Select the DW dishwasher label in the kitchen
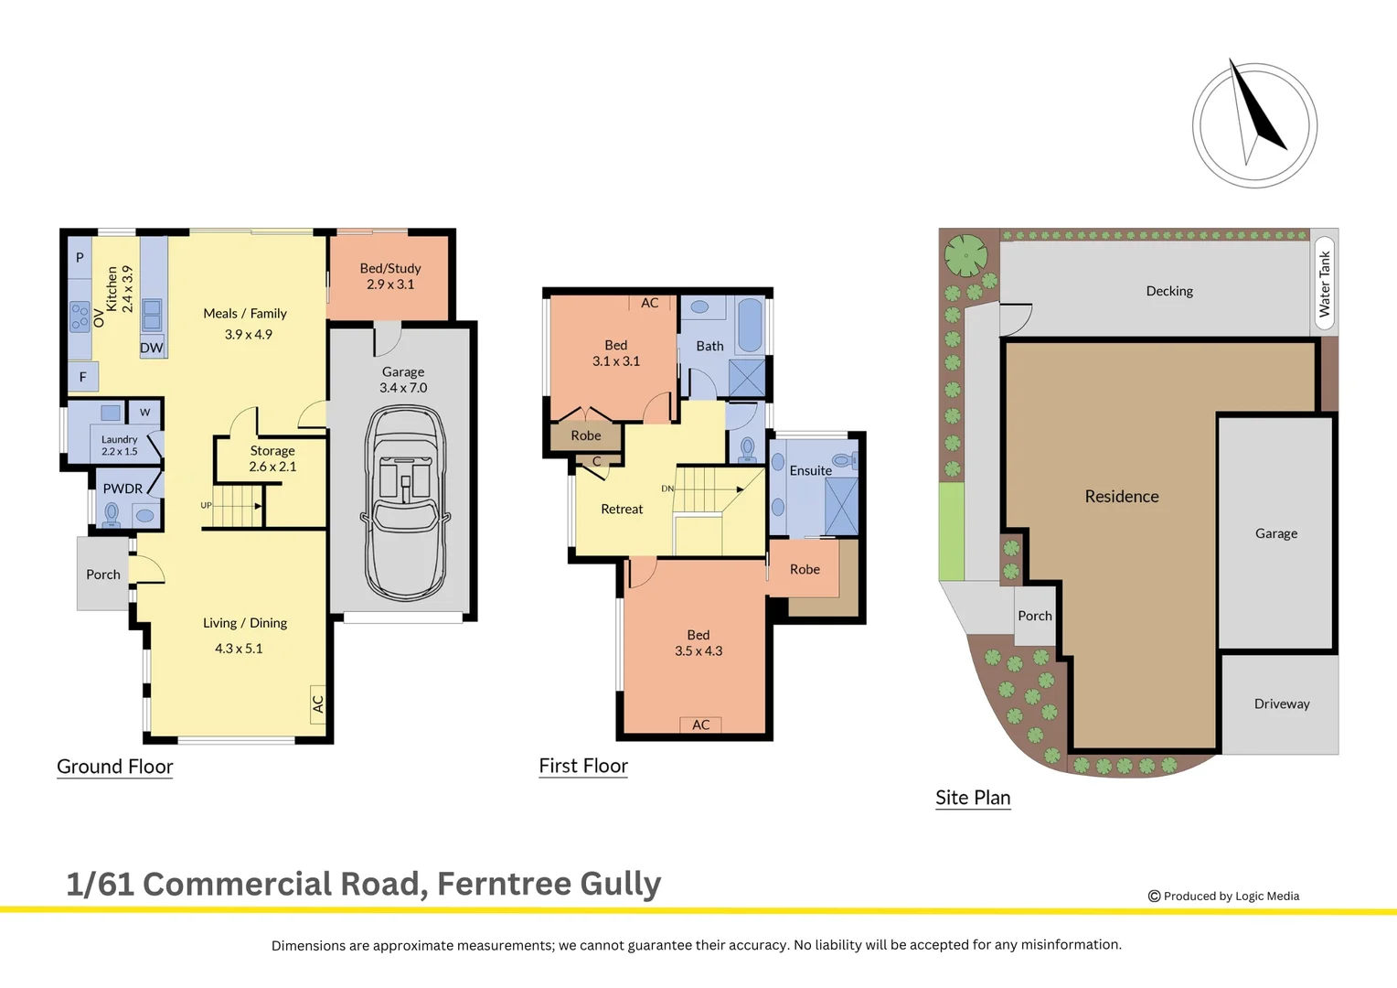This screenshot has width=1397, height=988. [152, 349]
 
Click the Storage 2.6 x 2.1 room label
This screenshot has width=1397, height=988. [272, 458]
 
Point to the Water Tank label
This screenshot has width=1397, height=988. [1325, 284]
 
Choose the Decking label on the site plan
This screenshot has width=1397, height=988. [1169, 291]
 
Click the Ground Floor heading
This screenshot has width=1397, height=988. [115, 767]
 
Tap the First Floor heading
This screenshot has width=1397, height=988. [583, 766]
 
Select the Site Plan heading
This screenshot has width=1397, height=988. [973, 798]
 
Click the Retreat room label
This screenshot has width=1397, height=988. [622, 510]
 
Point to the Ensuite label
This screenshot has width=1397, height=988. [811, 470]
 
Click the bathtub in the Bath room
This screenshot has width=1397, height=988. [750, 325]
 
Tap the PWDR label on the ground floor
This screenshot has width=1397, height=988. [123, 489]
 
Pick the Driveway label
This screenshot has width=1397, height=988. [1282, 704]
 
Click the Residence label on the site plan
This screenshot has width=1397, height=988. [1122, 496]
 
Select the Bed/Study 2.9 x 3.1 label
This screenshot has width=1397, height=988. [390, 276]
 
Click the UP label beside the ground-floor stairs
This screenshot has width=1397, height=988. [206, 506]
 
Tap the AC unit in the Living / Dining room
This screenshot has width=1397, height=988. [317, 704]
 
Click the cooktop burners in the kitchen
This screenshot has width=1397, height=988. [80, 316]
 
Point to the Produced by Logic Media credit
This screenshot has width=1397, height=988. [1223, 897]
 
